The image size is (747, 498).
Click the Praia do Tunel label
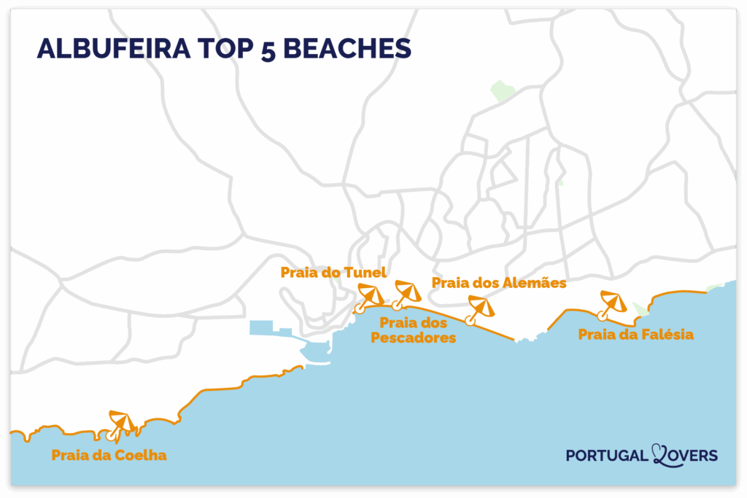coord(333,272)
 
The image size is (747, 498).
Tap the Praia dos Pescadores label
coord(413,330)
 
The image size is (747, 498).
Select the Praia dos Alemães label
coord(499,282)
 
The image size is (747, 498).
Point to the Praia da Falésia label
coord(635,335)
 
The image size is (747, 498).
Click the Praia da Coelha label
coord(109,456)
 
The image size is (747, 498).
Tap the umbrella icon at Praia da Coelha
coord(121,423)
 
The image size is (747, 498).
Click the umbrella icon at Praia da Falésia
coord(611,303)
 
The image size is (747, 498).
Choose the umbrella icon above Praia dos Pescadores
coord(406,292)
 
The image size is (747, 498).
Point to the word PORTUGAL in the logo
coord(606,456)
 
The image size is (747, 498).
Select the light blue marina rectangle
coord(270,327)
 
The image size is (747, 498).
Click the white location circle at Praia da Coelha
coord(111,435)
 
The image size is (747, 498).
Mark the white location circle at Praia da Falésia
coord(601,316)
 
